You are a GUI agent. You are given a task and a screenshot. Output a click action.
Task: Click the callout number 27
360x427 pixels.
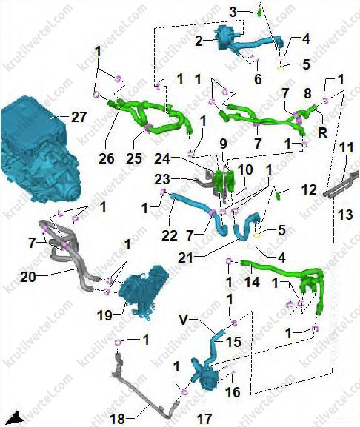pos(79,118)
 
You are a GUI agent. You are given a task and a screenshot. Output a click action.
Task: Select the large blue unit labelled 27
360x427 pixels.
pos(39,150)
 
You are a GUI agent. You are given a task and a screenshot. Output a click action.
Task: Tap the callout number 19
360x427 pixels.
pos(104,315)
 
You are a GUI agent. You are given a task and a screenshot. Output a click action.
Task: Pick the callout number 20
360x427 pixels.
pos(28,278)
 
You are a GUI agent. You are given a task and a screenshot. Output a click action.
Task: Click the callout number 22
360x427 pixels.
pos(170,235)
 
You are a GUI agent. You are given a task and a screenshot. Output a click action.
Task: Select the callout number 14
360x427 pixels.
pos(253,282)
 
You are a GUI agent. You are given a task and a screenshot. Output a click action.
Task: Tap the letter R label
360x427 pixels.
pos(322,132)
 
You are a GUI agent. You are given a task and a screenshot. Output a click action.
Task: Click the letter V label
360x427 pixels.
pos(184,320)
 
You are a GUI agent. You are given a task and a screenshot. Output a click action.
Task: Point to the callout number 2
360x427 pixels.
pos(199,41)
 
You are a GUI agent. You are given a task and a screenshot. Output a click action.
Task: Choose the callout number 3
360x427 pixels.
pos(233,12)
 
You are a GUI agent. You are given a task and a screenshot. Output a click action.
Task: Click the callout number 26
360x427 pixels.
pos(106,158)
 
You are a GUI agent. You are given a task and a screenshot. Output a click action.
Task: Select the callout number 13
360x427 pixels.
pos(346,215)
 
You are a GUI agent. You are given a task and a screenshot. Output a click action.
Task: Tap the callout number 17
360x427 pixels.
pos(204,419)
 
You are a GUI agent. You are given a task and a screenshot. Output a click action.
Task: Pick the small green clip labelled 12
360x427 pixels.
pos(278,195)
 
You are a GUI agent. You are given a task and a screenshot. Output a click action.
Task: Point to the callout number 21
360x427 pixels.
pos(186,258)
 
